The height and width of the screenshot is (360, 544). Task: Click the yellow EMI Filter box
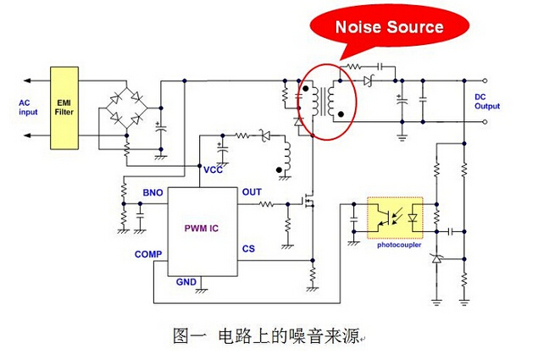click(x=64, y=108)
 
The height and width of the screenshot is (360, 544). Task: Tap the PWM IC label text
click(x=202, y=229)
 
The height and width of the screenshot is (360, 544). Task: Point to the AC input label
click(x=29, y=108)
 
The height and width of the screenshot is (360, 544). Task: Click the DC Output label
click(x=486, y=102)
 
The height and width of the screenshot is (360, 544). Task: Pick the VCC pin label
click(x=213, y=169)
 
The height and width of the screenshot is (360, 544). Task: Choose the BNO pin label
click(x=153, y=194)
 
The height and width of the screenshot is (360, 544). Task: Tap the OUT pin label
click(x=252, y=192)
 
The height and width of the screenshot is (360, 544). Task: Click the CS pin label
click(x=248, y=249)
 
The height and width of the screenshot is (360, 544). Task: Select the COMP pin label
click(x=148, y=254)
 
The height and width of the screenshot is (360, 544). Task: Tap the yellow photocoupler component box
click(x=395, y=219)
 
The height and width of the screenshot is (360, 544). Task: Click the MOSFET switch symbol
click(x=307, y=203)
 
